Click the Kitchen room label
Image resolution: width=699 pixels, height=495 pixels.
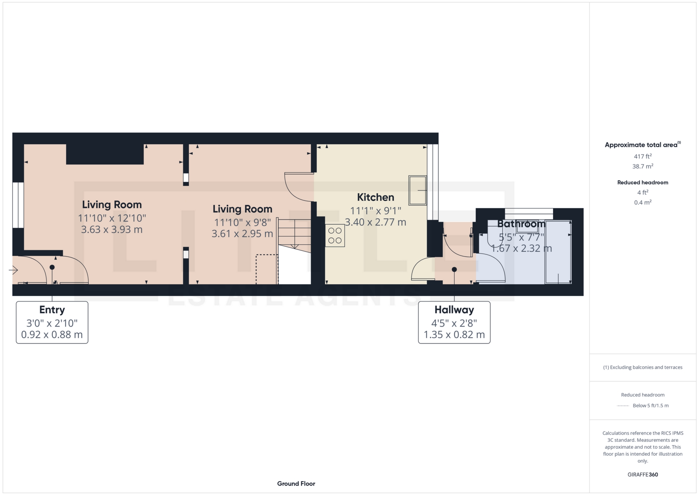[375, 197]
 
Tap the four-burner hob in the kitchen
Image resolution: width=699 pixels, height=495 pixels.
[335, 235]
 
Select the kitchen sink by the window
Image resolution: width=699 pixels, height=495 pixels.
[417, 190]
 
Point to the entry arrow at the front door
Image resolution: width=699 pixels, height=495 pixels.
[13, 270]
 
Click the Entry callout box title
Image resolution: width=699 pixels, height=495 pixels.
[52, 310]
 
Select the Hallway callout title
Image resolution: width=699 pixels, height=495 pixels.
[454, 310]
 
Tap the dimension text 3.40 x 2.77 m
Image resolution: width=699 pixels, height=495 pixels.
[375, 222]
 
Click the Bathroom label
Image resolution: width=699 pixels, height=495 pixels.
[521, 224]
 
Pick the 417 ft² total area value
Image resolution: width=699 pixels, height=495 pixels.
[643, 156]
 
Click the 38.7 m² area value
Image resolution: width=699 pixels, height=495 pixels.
[643, 166]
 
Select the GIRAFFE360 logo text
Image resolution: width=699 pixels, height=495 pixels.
[643, 475]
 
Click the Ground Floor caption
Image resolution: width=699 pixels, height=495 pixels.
[296, 484]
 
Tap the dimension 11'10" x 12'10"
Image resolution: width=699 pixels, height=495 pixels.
[112, 218]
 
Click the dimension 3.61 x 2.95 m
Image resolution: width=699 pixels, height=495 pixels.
[242, 234]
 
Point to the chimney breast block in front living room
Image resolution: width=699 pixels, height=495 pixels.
[105, 154]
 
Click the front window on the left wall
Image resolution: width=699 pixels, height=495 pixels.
[18, 205]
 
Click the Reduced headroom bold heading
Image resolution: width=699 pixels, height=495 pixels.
[643, 183]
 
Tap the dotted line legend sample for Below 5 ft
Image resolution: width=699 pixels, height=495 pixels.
[623, 406]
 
